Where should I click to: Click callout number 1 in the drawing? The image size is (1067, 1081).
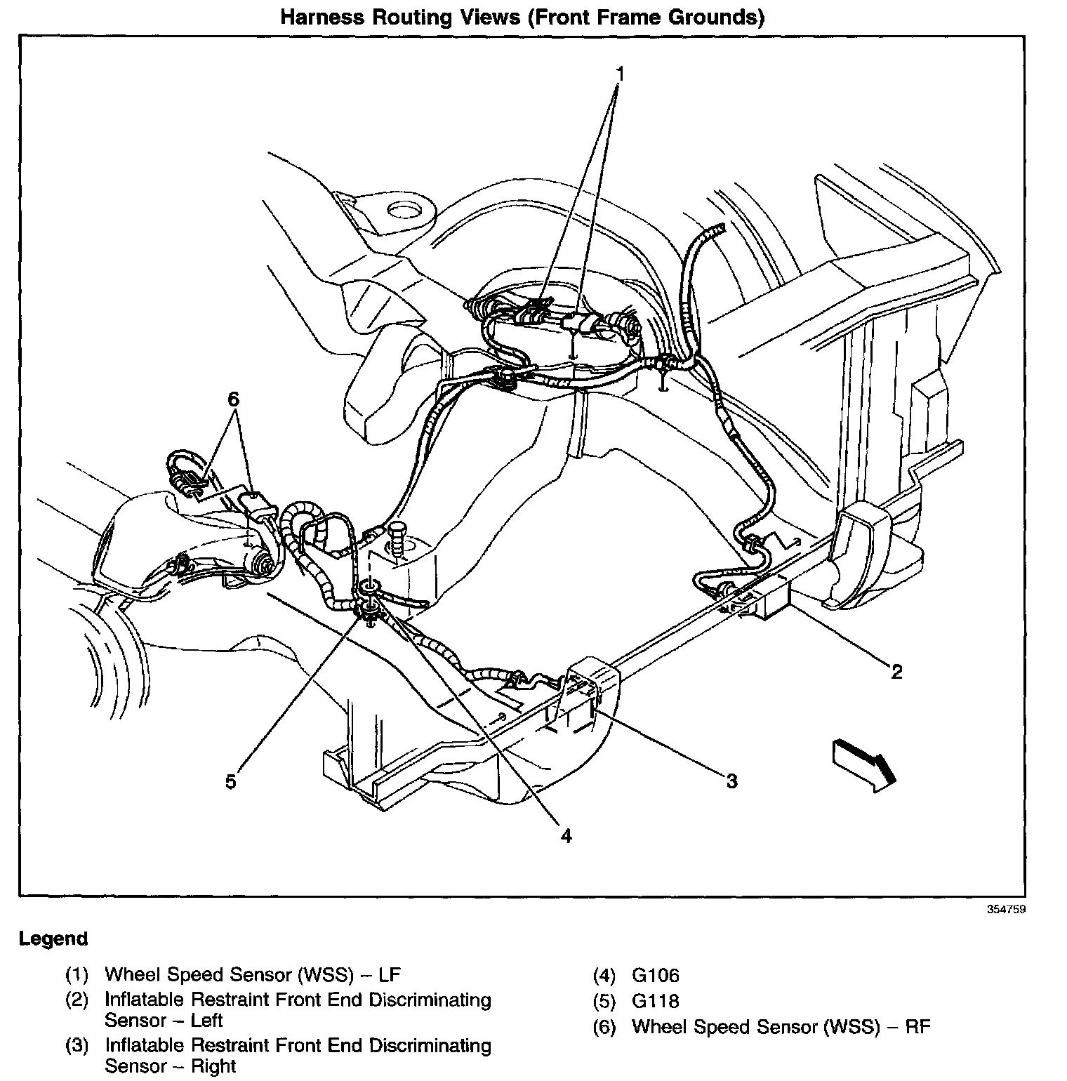(620, 74)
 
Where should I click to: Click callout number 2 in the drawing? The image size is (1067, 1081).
(896, 672)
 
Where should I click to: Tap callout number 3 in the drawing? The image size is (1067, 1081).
(731, 781)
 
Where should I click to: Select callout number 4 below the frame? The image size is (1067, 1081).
(566, 835)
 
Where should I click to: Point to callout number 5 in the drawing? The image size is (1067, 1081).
(231, 781)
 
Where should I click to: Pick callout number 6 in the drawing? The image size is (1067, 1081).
(233, 399)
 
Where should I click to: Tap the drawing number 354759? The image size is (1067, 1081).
(1006, 910)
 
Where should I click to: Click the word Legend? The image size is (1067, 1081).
(53, 939)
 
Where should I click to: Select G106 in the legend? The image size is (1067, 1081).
(655, 976)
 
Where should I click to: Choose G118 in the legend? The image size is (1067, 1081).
(655, 1001)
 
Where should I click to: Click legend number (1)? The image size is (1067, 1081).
(77, 975)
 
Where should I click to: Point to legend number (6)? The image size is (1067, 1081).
(604, 1028)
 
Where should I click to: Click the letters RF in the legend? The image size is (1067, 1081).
(917, 1027)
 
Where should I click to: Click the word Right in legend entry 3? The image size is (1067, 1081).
(213, 1066)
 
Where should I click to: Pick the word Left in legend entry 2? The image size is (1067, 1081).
(207, 1020)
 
